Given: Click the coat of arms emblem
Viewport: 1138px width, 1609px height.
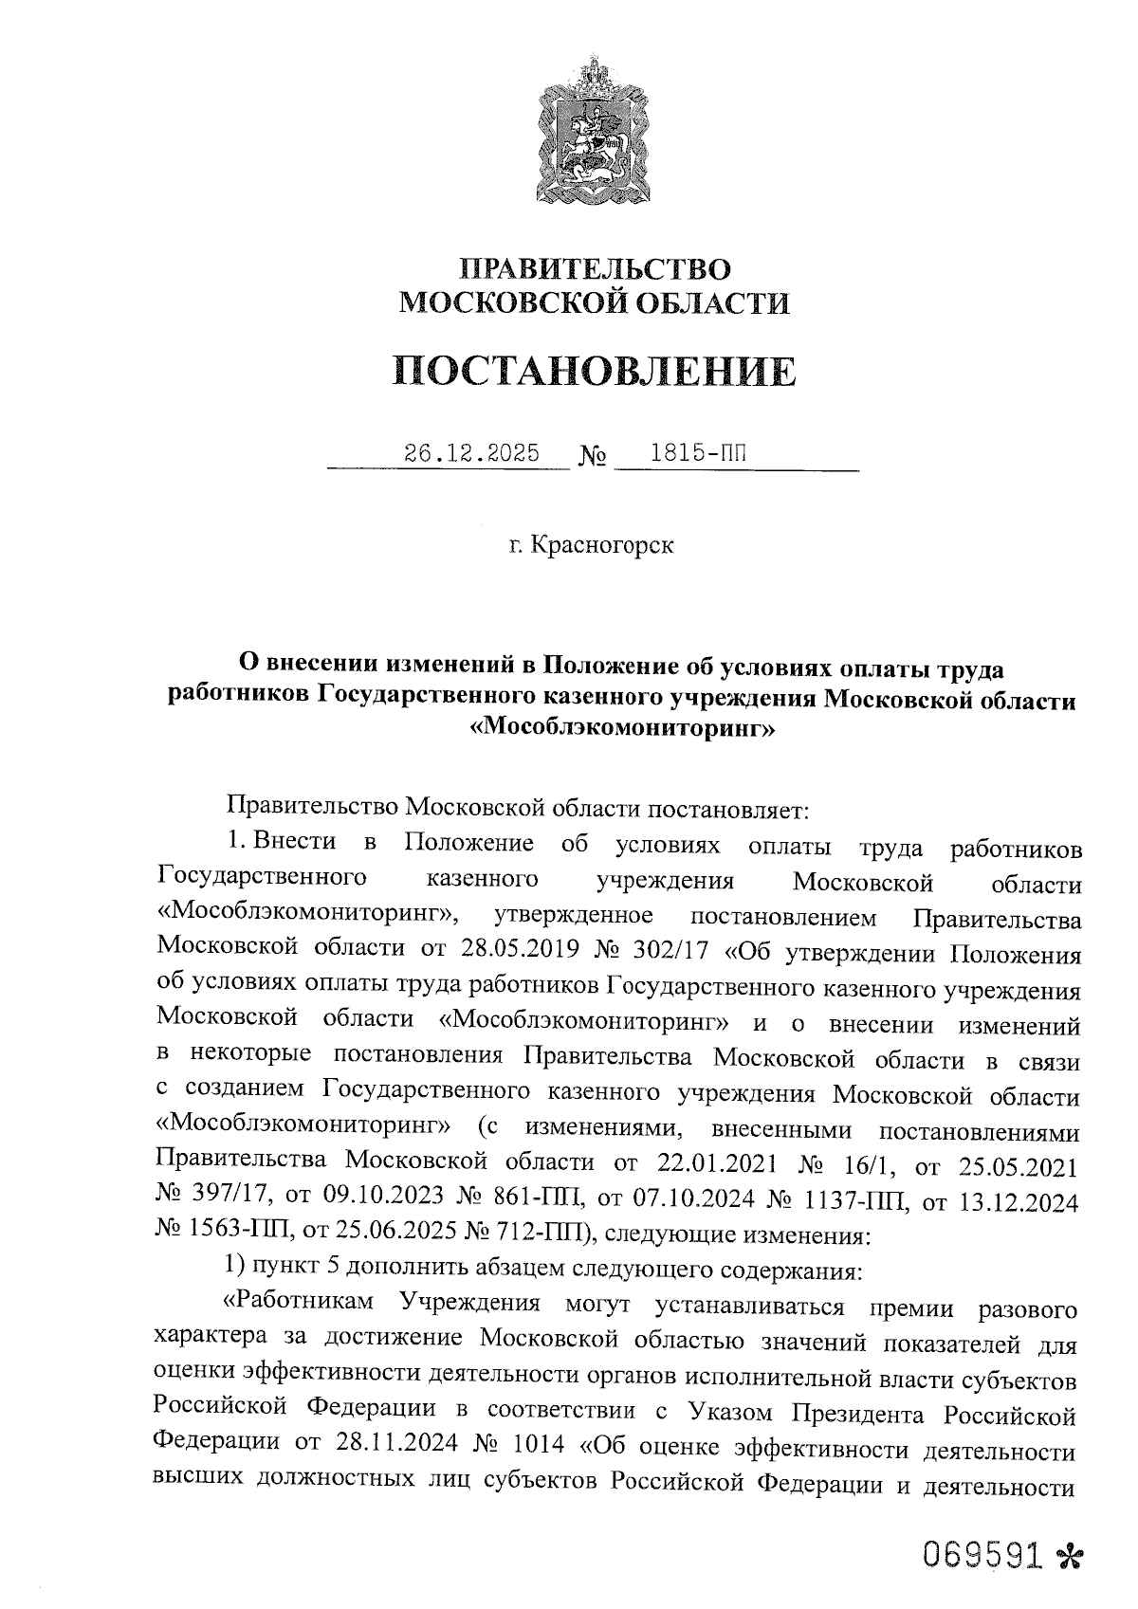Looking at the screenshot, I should tap(594, 132).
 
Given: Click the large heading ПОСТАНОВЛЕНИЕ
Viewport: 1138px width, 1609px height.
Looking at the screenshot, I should tap(595, 371).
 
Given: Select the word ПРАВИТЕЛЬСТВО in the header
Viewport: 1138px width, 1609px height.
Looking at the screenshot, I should tap(595, 269).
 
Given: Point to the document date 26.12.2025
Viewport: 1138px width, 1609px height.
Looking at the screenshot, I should tap(472, 453).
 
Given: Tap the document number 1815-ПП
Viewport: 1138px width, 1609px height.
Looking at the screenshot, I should tap(696, 453).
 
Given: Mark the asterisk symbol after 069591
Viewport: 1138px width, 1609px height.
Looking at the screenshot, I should tap(1068, 1556).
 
